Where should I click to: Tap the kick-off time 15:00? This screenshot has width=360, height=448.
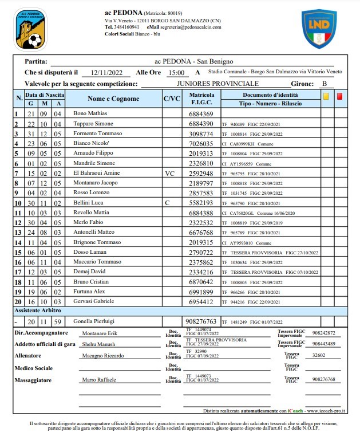coord(175,73)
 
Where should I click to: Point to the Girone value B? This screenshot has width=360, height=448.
coord(325,84)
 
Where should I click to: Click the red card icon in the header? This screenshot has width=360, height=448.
coord(340,96)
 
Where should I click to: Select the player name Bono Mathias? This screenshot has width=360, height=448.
coord(90,114)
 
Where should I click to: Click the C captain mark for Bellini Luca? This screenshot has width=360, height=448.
coord(167,203)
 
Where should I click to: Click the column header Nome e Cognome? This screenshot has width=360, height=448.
coord(113,99)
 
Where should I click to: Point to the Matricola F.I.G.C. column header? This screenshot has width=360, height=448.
coord(201,99)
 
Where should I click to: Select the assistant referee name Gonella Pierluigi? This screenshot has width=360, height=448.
coord(95,322)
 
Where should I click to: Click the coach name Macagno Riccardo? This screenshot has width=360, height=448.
coord(102,356)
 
